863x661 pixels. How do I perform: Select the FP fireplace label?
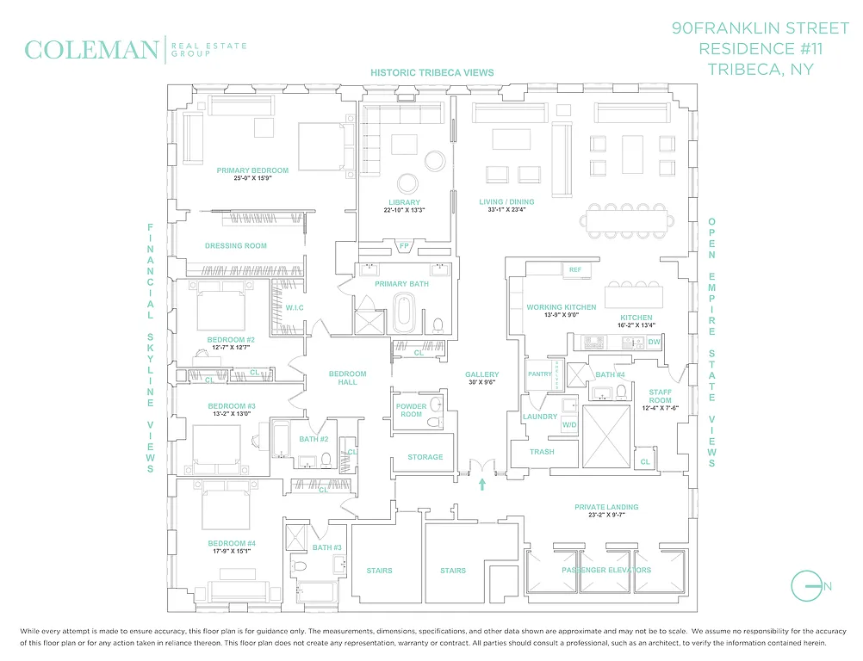pos(404,246)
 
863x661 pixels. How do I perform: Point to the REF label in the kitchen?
pos(575,269)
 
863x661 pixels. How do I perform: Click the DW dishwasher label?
pos(654,342)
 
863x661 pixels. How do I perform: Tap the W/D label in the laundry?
pos(569,424)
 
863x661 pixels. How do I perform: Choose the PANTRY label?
pos(539,374)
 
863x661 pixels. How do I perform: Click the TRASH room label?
pos(542,452)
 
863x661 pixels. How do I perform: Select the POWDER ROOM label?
pos(411,411)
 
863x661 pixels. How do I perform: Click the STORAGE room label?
pos(425,457)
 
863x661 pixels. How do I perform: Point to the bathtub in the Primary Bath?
pos(404,313)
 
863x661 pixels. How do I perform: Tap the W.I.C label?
pos(294,307)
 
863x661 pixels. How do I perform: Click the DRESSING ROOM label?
pos(235,246)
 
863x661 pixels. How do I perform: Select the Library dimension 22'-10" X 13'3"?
pos(404,210)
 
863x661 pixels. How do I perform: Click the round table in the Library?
pos(407,183)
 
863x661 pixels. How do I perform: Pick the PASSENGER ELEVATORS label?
pos(606,570)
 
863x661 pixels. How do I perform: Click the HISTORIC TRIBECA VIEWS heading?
pos(432,73)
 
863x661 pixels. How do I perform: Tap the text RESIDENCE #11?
pos(758,48)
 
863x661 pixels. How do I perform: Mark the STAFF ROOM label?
pos(660,396)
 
